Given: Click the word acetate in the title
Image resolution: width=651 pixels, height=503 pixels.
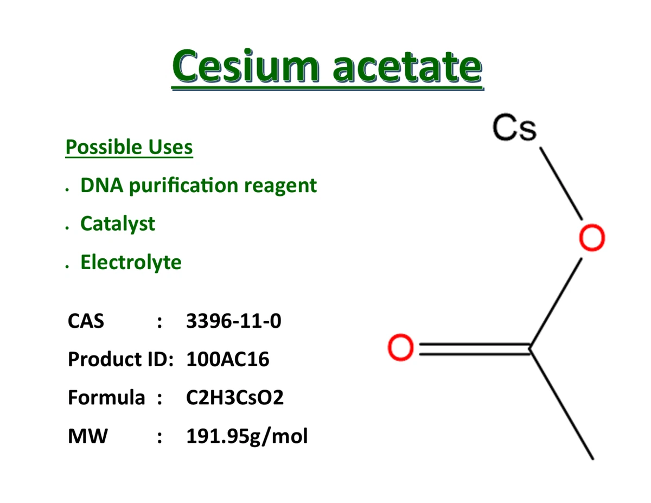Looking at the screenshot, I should coord(407,67).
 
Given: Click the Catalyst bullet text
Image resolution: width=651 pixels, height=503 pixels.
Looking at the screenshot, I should coord(117,224).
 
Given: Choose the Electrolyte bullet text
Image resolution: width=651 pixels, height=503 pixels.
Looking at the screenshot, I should coord(131,262).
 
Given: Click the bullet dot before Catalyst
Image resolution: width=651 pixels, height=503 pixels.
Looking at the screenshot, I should coord(66,228).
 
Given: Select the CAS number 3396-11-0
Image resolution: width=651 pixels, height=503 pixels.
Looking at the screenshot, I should coord(234,321).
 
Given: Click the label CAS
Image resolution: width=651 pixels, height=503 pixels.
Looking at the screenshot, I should coord(86,321).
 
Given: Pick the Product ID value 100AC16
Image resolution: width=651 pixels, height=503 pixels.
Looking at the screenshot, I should coord(227,359).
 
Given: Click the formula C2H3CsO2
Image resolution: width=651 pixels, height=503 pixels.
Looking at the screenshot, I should coord(234,398).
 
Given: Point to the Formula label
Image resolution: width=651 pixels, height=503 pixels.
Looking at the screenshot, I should coord(106,398).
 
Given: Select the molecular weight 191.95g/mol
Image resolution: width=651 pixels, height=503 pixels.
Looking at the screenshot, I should coord(247,436).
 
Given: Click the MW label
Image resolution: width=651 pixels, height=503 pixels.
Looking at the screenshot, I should coord(87,436).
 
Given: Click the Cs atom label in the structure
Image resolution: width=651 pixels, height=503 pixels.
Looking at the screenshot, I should coord(515,129).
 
